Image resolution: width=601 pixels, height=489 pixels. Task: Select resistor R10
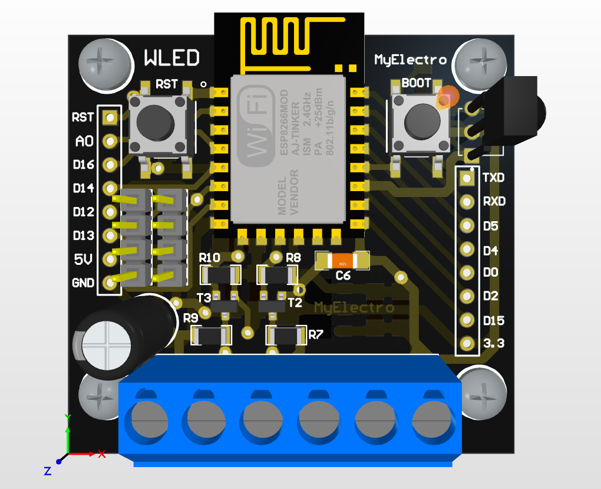point(221,274)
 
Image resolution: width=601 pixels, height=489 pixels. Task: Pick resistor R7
point(287,336)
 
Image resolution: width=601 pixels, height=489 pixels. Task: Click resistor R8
point(278,274)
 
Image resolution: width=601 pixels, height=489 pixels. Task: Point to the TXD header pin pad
point(467,177)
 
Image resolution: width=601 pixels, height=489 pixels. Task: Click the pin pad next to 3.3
point(467,343)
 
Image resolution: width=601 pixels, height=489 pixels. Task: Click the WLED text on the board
point(171,58)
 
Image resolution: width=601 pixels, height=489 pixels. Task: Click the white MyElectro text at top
point(410,60)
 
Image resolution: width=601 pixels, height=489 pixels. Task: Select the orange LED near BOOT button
point(447,97)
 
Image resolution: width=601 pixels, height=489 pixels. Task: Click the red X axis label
point(101,454)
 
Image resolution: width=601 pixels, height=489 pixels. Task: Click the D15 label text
point(494,320)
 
